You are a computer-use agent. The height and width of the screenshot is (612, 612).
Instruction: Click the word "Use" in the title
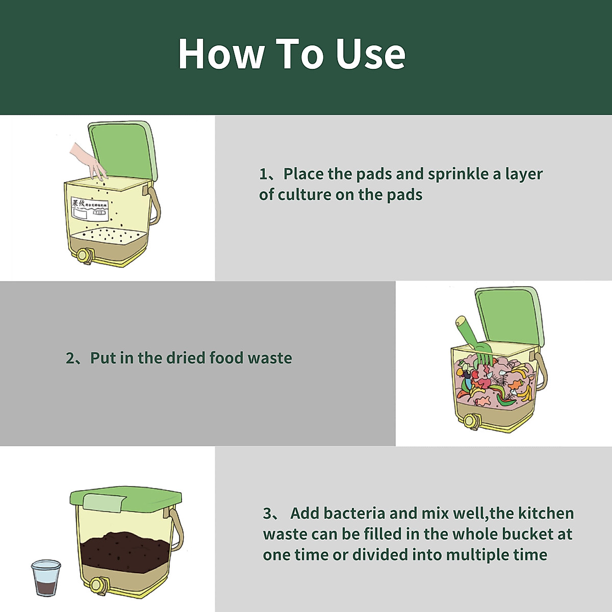370,54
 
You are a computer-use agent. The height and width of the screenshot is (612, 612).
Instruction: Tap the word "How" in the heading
221,54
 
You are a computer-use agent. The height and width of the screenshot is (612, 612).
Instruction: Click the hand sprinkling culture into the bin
88,160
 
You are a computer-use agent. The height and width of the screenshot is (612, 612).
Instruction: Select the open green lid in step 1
122,150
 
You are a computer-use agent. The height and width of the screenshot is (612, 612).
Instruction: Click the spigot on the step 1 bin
85,254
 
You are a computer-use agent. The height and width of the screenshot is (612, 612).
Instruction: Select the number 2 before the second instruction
70,358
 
